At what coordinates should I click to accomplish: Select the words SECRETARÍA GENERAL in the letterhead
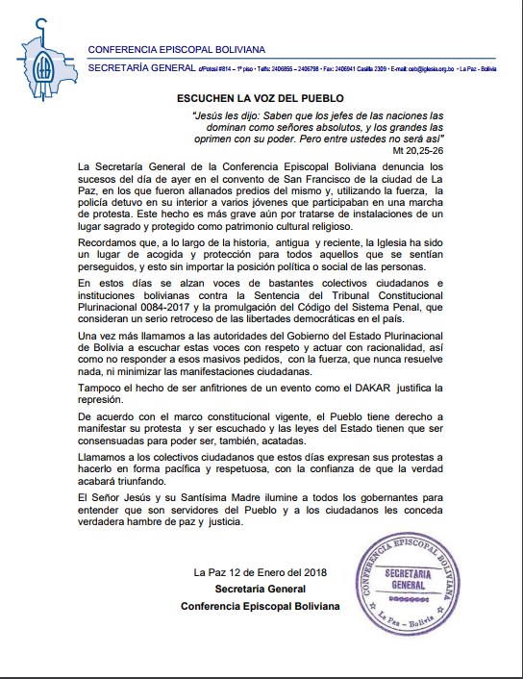[139, 69]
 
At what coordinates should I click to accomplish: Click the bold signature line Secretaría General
[260, 589]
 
